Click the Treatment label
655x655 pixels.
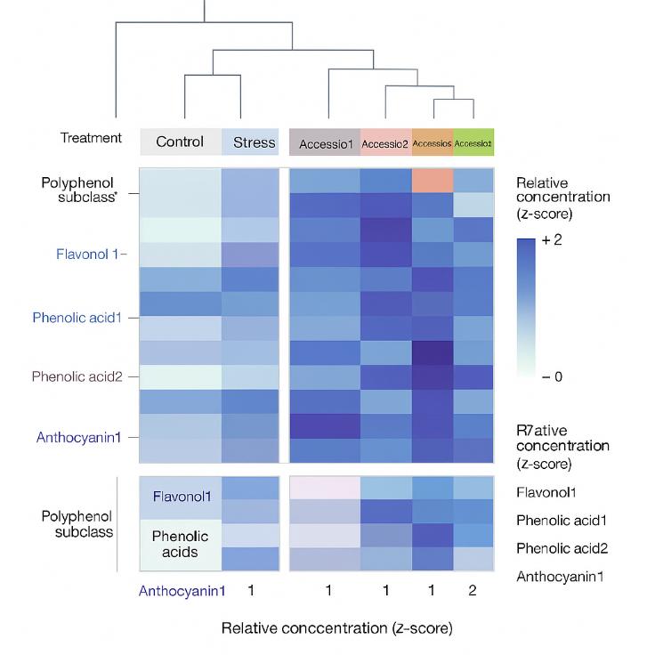click(x=91, y=138)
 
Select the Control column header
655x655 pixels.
click(x=180, y=142)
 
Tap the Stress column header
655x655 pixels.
click(x=254, y=142)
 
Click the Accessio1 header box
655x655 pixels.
click(x=325, y=142)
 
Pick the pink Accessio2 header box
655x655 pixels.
click(x=385, y=142)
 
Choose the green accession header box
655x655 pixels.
click(x=473, y=142)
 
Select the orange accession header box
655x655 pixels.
click(x=433, y=142)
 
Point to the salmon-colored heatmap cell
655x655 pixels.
click(x=433, y=180)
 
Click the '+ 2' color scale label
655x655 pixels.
click(x=554, y=241)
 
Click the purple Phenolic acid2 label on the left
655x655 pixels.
click(x=78, y=376)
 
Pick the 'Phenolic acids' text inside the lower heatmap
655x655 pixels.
click(x=180, y=544)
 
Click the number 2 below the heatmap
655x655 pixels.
click(x=473, y=590)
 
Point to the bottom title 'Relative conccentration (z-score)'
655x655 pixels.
click(x=337, y=627)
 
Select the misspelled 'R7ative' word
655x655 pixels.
click(x=539, y=428)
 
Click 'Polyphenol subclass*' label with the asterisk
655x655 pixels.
click(x=77, y=190)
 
